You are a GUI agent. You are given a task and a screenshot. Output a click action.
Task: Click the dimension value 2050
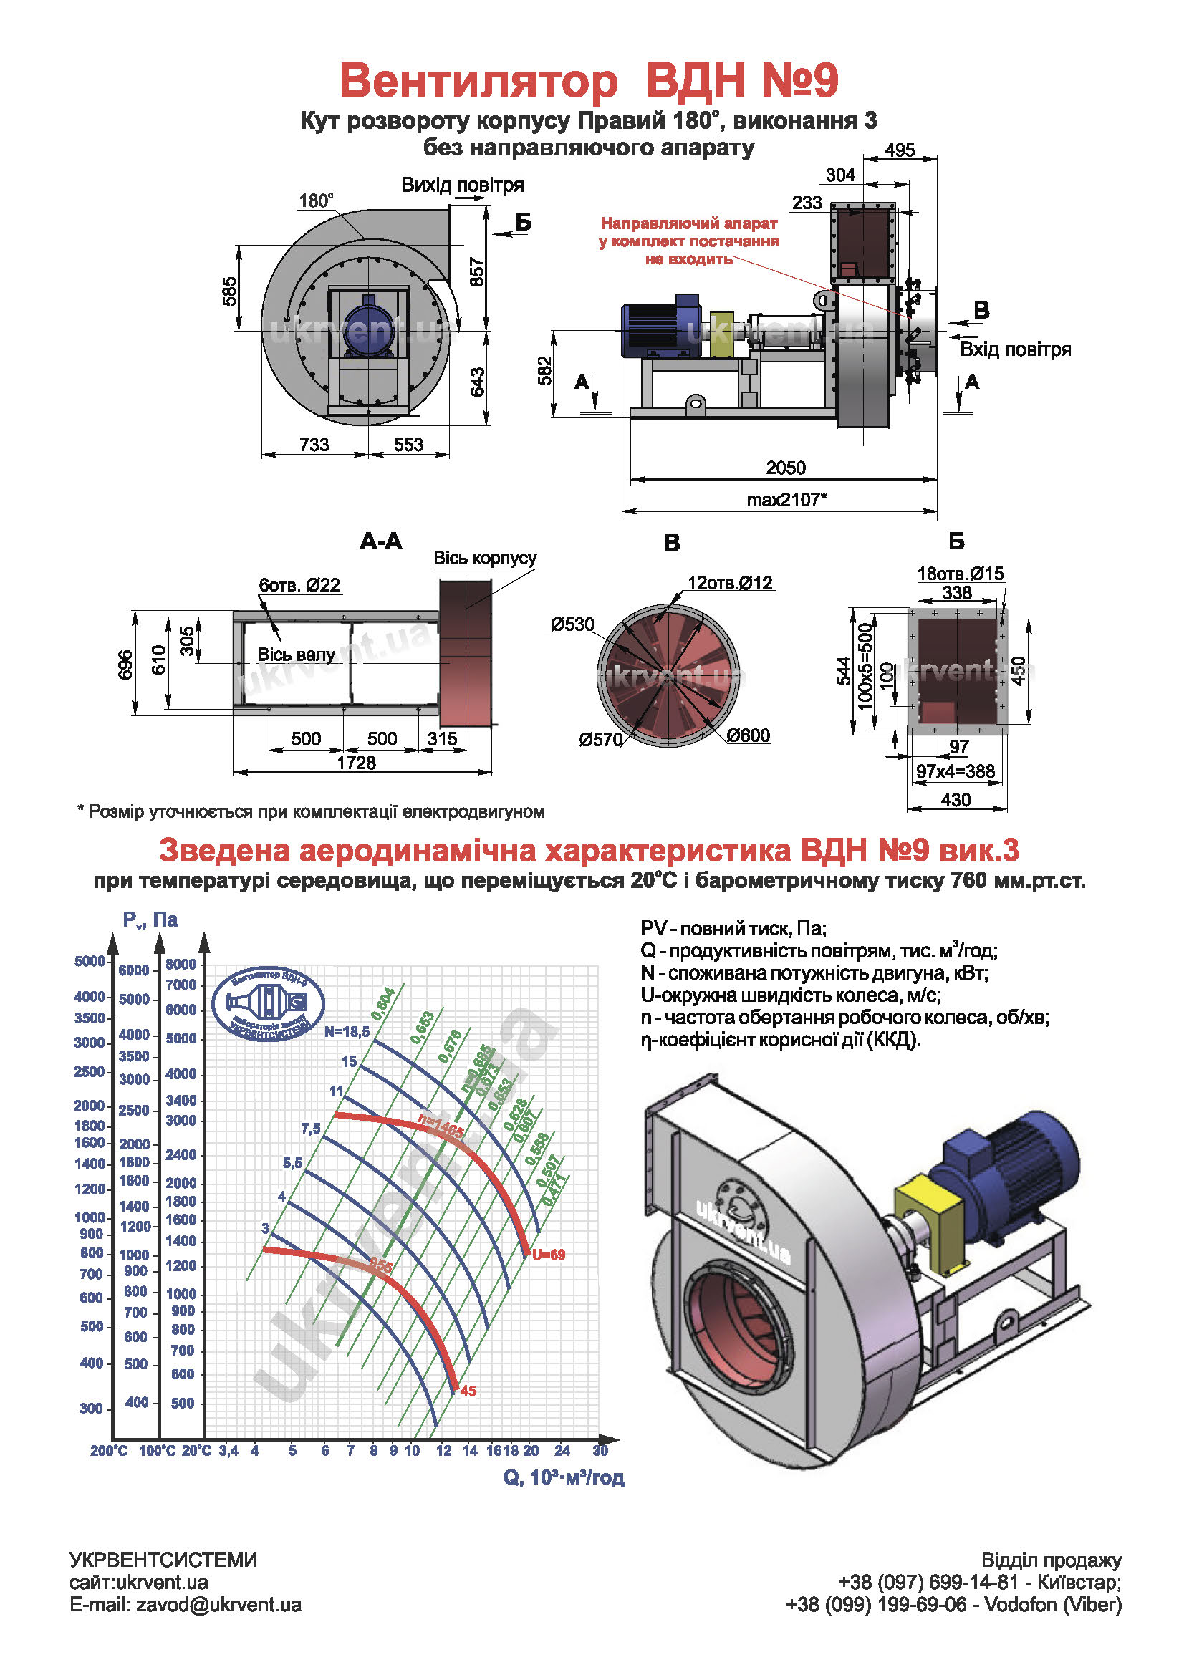pos(785,468)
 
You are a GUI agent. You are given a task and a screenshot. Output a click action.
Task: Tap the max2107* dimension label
pos(786,500)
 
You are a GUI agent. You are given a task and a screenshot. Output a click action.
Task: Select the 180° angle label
pos(316,201)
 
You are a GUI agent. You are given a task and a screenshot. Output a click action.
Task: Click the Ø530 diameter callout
pos(572,624)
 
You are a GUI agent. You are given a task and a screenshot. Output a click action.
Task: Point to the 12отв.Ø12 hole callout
pos(730,583)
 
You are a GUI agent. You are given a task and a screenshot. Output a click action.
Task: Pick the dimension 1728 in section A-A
pos(356,763)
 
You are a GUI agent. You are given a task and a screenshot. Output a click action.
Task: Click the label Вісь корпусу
pos(484,558)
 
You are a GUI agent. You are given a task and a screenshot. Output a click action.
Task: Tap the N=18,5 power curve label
pos(347,1031)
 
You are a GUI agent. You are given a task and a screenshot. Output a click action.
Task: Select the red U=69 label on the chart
pos(548,1255)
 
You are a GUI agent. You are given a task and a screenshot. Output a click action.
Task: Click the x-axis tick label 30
pos(600,1450)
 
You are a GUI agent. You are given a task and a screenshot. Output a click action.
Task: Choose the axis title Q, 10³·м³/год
pos(563,1477)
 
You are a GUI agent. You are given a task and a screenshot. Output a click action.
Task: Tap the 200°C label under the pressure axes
pos(109,1451)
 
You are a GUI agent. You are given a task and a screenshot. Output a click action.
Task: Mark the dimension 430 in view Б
pos(955,801)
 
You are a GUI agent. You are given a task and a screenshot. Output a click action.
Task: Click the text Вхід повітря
pos(1015,349)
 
